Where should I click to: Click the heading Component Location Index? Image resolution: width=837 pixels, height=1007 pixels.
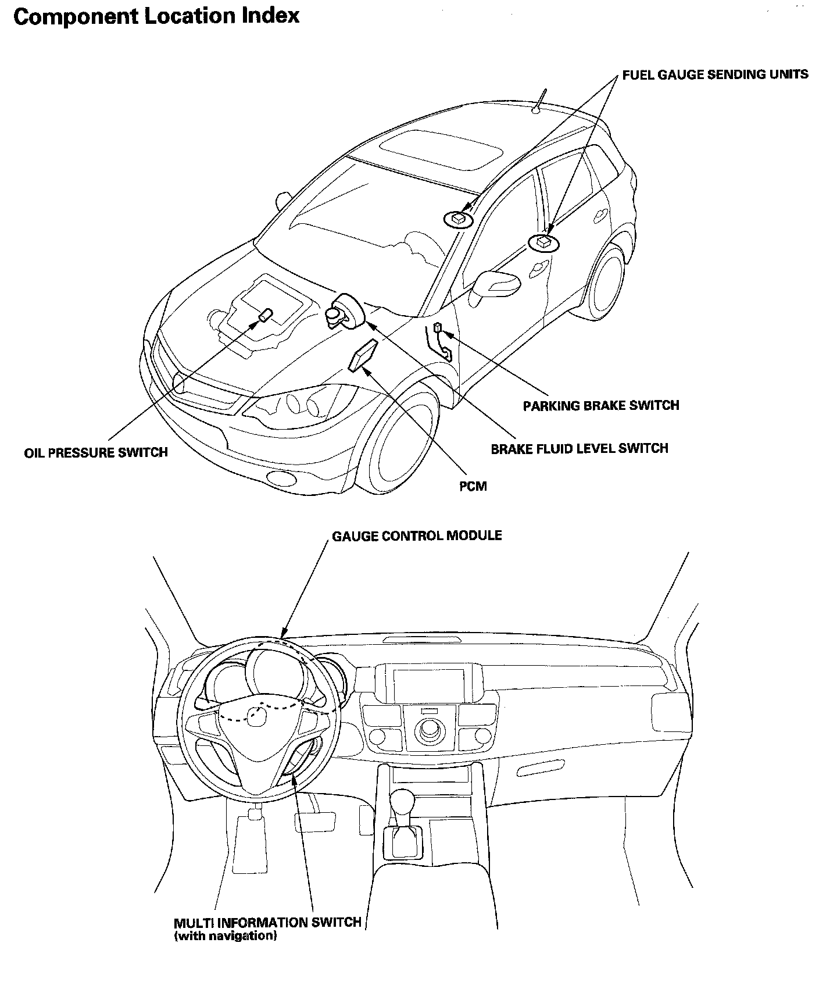156,16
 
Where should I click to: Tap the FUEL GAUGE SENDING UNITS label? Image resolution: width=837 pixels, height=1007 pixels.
715,74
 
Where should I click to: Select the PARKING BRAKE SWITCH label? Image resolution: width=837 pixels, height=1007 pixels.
601,405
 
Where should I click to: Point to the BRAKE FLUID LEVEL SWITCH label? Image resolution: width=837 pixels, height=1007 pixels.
580,448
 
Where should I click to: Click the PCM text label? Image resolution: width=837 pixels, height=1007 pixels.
473,486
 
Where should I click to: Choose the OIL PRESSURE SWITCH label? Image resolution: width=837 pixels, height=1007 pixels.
96,452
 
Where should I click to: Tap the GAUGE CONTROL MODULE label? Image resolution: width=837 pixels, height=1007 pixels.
417,535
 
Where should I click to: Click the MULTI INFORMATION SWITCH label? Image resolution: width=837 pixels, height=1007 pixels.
267,923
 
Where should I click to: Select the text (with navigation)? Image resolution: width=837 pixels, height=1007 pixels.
225,936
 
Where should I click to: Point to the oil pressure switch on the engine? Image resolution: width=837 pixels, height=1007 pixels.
265,316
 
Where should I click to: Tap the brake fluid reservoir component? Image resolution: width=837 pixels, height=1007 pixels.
345,313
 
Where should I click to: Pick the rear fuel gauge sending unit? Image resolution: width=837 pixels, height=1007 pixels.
543,242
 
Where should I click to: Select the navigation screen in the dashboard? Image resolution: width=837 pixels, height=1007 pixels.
428,683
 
